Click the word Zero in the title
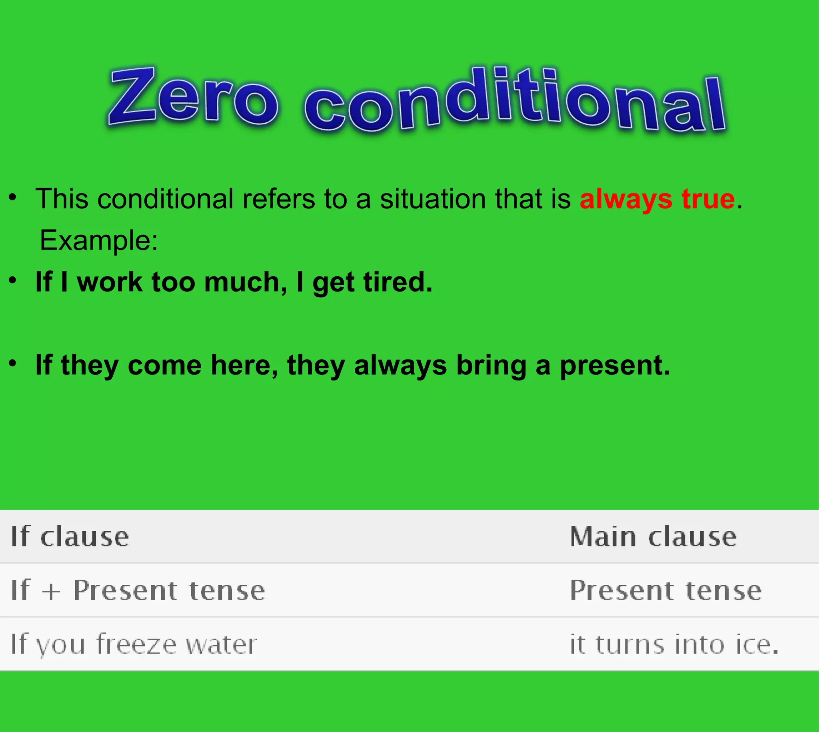coord(193,96)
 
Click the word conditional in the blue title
coord(515,100)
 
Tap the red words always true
coord(657,199)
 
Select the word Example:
coord(99,240)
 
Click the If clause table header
coord(70,536)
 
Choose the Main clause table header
coord(653,536)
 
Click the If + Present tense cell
coord(138,590)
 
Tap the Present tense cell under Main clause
coord(666,590)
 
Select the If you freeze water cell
coord(134,644)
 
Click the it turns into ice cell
coord(674,644)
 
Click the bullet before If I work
coord(13,280)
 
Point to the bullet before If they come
coord(13,363)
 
